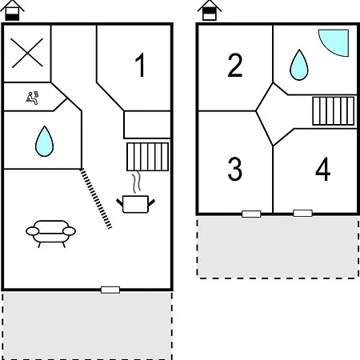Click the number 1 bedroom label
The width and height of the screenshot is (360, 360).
(140, 65)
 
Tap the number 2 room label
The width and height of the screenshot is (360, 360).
(235, 65)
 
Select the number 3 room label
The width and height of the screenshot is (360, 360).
(235, 169)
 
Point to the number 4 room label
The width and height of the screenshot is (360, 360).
(323, 169)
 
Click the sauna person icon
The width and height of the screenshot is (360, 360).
(32, 98)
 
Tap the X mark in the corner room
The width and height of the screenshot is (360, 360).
(27, 53)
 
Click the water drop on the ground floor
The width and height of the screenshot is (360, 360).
(45, 141)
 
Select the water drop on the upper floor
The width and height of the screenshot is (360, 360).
(299, 65)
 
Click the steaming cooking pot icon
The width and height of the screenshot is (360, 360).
(135, 204)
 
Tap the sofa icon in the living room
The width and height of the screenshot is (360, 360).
(50, 234)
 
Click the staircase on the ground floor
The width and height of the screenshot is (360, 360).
(147, 157)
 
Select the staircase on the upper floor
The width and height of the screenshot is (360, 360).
(334, 111)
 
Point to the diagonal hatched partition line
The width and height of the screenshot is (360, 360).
(96, 198)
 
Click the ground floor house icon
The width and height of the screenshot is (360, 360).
(12, 10)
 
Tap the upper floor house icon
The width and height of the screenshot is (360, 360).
(210, 10)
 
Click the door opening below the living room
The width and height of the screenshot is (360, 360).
(110, 290)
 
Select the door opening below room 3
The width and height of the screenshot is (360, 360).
(251, 214)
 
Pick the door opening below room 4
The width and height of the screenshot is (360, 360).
(302, 213)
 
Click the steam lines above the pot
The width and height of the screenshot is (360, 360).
(136, 183)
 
